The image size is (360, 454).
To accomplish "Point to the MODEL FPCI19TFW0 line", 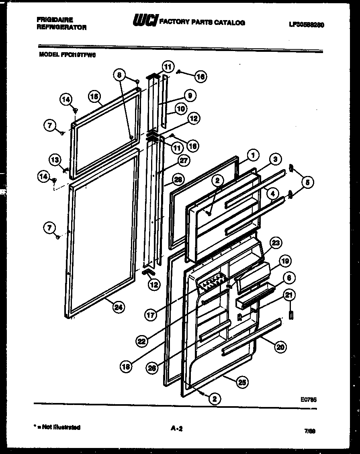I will (x=67, y=56).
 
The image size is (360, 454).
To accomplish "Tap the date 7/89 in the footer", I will (x=309, y=431).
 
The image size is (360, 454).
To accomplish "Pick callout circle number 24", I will (x=119, y=307).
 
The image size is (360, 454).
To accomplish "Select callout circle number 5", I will (x=307, y=183).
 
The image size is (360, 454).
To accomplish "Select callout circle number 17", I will (x=150, y=315).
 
